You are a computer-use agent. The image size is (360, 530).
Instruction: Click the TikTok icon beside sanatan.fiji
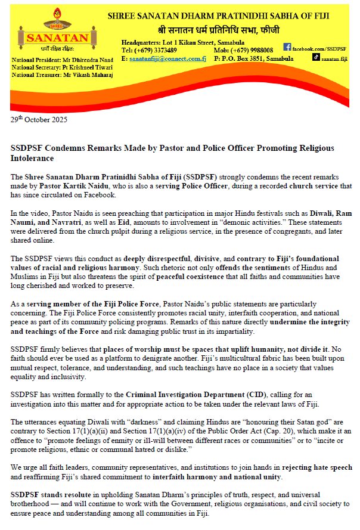click(316, 58)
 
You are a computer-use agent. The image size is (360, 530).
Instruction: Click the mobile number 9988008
click(257, 51)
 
